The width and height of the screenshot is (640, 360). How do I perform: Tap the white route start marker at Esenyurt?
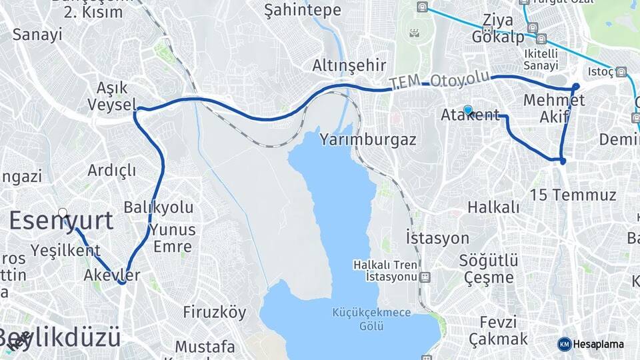coord(63,213)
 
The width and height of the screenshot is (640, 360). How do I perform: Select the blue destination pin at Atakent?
coord(468,111)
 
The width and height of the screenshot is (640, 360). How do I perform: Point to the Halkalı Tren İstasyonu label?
coord(386,270)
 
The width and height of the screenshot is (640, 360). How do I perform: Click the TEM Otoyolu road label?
coord(439,79)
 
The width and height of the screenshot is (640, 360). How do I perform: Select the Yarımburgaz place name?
coord(368,140)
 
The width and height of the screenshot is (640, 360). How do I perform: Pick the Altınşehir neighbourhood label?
coord(349,65)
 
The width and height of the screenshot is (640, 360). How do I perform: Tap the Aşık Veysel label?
coord(112,97)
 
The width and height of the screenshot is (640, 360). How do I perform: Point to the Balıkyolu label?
coord(159,207)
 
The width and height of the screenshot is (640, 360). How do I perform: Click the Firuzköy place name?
coord(215,312)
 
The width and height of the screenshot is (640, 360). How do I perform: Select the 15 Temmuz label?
coord(573,195)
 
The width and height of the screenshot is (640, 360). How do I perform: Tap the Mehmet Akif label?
coord(555,109)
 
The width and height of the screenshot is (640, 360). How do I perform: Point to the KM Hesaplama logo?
coord(591,344)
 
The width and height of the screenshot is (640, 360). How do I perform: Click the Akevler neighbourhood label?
coord(112,275)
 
